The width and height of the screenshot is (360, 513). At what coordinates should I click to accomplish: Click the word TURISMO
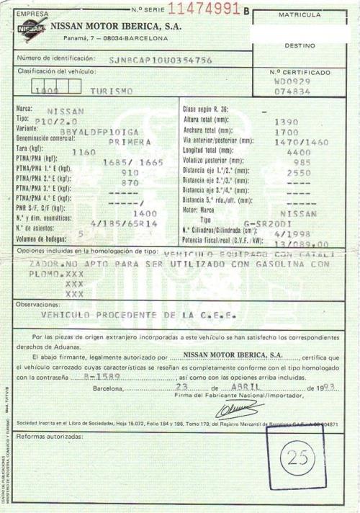click(112, 92)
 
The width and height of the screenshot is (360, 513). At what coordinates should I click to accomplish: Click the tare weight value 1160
click(84, 153)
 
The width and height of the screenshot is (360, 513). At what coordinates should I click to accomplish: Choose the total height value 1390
click(287, 122)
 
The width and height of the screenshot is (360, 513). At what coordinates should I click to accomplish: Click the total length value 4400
click(298, 153)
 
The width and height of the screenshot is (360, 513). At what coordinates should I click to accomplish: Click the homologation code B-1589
click(96, 376)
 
